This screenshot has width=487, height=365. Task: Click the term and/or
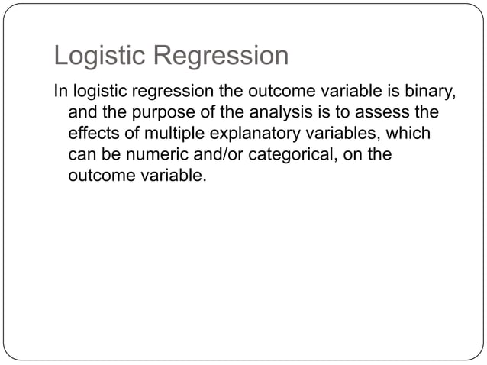click(209, 155)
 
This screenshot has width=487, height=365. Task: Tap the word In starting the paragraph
click(60, 93)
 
